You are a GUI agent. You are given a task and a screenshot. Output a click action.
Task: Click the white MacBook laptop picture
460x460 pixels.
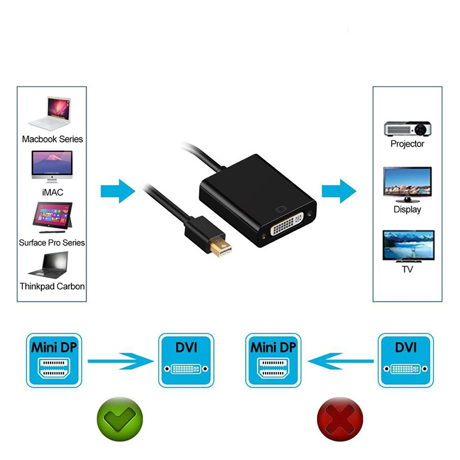(50, 113)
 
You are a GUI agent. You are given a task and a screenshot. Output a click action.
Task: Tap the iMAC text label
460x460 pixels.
(52, 193)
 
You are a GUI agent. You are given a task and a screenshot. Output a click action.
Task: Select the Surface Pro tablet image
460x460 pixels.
(52, 217)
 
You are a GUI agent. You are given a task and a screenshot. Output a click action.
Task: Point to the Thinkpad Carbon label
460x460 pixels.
(52, 286)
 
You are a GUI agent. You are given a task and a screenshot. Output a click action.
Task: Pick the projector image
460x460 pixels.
(408, 128)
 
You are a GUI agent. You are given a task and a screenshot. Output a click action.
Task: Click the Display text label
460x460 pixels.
(407, 209)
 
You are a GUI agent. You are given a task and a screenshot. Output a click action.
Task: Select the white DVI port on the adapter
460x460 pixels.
(286, 224)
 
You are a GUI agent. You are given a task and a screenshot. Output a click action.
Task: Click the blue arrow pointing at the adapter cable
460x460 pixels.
(118, 191)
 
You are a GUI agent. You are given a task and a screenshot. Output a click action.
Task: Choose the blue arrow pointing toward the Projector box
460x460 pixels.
(339, 191)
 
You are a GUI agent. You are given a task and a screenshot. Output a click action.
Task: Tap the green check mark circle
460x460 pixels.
(120, 419)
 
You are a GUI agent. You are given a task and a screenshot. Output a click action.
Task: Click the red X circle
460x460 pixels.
(340, 419)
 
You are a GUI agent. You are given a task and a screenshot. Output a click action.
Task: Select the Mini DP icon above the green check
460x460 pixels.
(54, 361)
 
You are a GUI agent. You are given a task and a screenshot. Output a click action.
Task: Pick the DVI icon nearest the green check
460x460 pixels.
(186, 361)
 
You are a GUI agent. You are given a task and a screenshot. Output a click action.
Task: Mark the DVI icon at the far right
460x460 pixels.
(406, 361)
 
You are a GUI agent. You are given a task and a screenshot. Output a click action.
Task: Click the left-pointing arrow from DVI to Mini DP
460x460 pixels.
(340, 361)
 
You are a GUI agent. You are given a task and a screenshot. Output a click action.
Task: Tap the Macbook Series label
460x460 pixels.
(52, 139)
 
